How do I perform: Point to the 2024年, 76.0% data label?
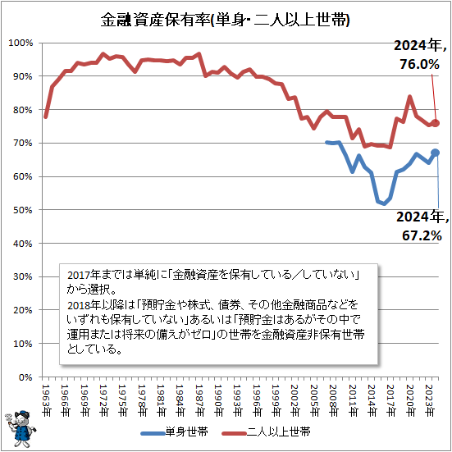[x=421, y=54]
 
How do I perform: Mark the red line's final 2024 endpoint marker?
[x=436, y=123]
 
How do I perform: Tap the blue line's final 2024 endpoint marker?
[x=436, y=153]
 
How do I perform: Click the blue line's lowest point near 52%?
[x=384, y=204]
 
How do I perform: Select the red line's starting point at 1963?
[x=45, y=116]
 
